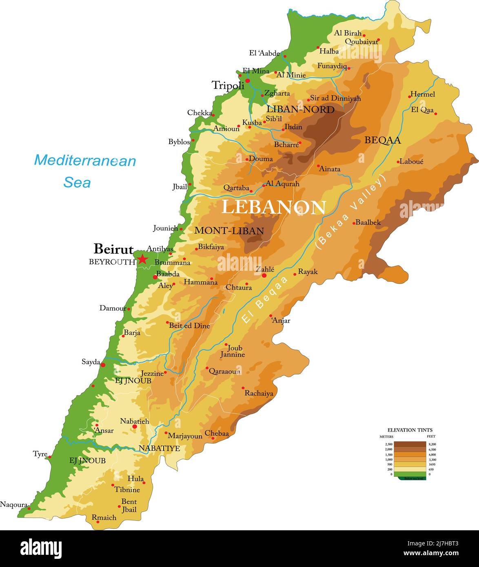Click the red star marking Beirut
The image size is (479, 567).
point(142,259)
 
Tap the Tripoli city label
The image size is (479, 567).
point(228,85)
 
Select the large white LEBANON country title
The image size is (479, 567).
point(273,207)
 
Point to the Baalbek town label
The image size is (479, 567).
point(368,222)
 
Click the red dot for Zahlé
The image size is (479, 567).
point(264,275)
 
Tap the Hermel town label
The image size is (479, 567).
point(423,94)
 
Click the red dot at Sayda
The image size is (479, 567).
point(103,365)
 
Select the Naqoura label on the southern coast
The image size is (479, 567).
point(13,505)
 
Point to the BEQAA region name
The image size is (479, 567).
point(382,140)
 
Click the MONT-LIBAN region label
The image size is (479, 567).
point(229,230)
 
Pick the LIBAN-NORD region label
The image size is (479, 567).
point(300,109)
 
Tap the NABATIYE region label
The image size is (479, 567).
point(159,448)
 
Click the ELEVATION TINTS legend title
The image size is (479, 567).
point(410,430)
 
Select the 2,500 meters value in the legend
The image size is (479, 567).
point(388,444)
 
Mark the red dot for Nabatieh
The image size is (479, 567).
point(135,427)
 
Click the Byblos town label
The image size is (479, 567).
point(179,142)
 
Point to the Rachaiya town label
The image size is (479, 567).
point(259,393)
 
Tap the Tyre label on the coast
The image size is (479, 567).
point(40,454)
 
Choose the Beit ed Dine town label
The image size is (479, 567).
point(189,326)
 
